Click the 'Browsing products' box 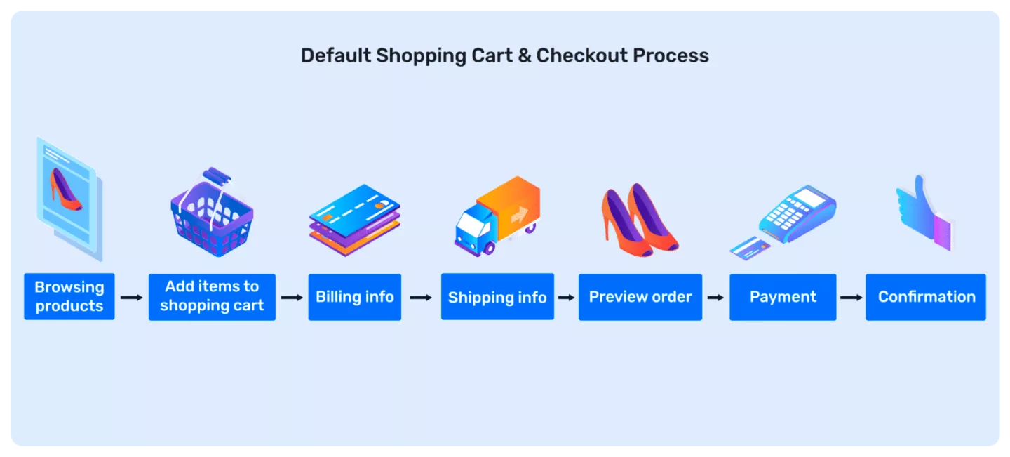coord(69,297)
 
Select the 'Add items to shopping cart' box coord(212,297)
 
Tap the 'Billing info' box coord(355,297)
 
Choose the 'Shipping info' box coord(497,297)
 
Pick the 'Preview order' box coord(640,297)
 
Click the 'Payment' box coord(783,297)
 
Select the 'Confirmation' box coord(926,297)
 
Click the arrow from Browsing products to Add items coord(131,298)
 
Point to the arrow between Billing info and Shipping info coord(421,298)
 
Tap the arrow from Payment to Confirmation coord(851,298)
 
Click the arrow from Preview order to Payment coord(715,298)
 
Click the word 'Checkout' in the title coord(581,56)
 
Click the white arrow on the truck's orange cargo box coord(519,215)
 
